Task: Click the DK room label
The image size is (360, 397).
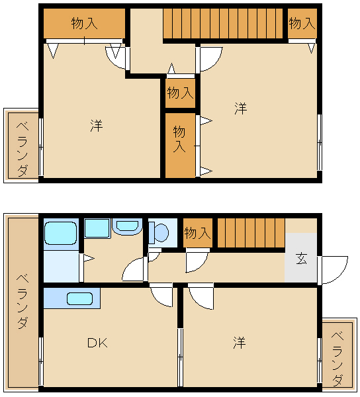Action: click(97, 343)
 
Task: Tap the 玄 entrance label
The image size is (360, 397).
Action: click(301, 259)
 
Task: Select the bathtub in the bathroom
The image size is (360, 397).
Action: click(60, 233)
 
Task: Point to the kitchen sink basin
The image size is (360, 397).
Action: click(79, 298)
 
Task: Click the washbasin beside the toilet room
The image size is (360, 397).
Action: click(126, 226)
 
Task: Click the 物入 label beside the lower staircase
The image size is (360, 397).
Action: click(197, 233)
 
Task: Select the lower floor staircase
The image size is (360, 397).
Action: click(251, 233)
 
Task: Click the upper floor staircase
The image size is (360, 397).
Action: click(223, 23)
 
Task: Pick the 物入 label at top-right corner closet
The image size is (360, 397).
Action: click(302, 23)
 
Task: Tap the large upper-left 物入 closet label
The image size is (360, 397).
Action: click(84, 23)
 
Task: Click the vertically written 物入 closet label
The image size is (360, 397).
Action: click(179, 139)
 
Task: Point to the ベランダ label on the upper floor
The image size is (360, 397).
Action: click(22, 149)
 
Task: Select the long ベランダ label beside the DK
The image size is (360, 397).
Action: click(22, 301)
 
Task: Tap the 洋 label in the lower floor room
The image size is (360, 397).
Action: click(240, 343)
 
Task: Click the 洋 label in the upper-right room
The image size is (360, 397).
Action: click(240, 108)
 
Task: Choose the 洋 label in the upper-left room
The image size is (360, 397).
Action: click(97, 126)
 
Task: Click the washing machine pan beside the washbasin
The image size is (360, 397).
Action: click(97, 228)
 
